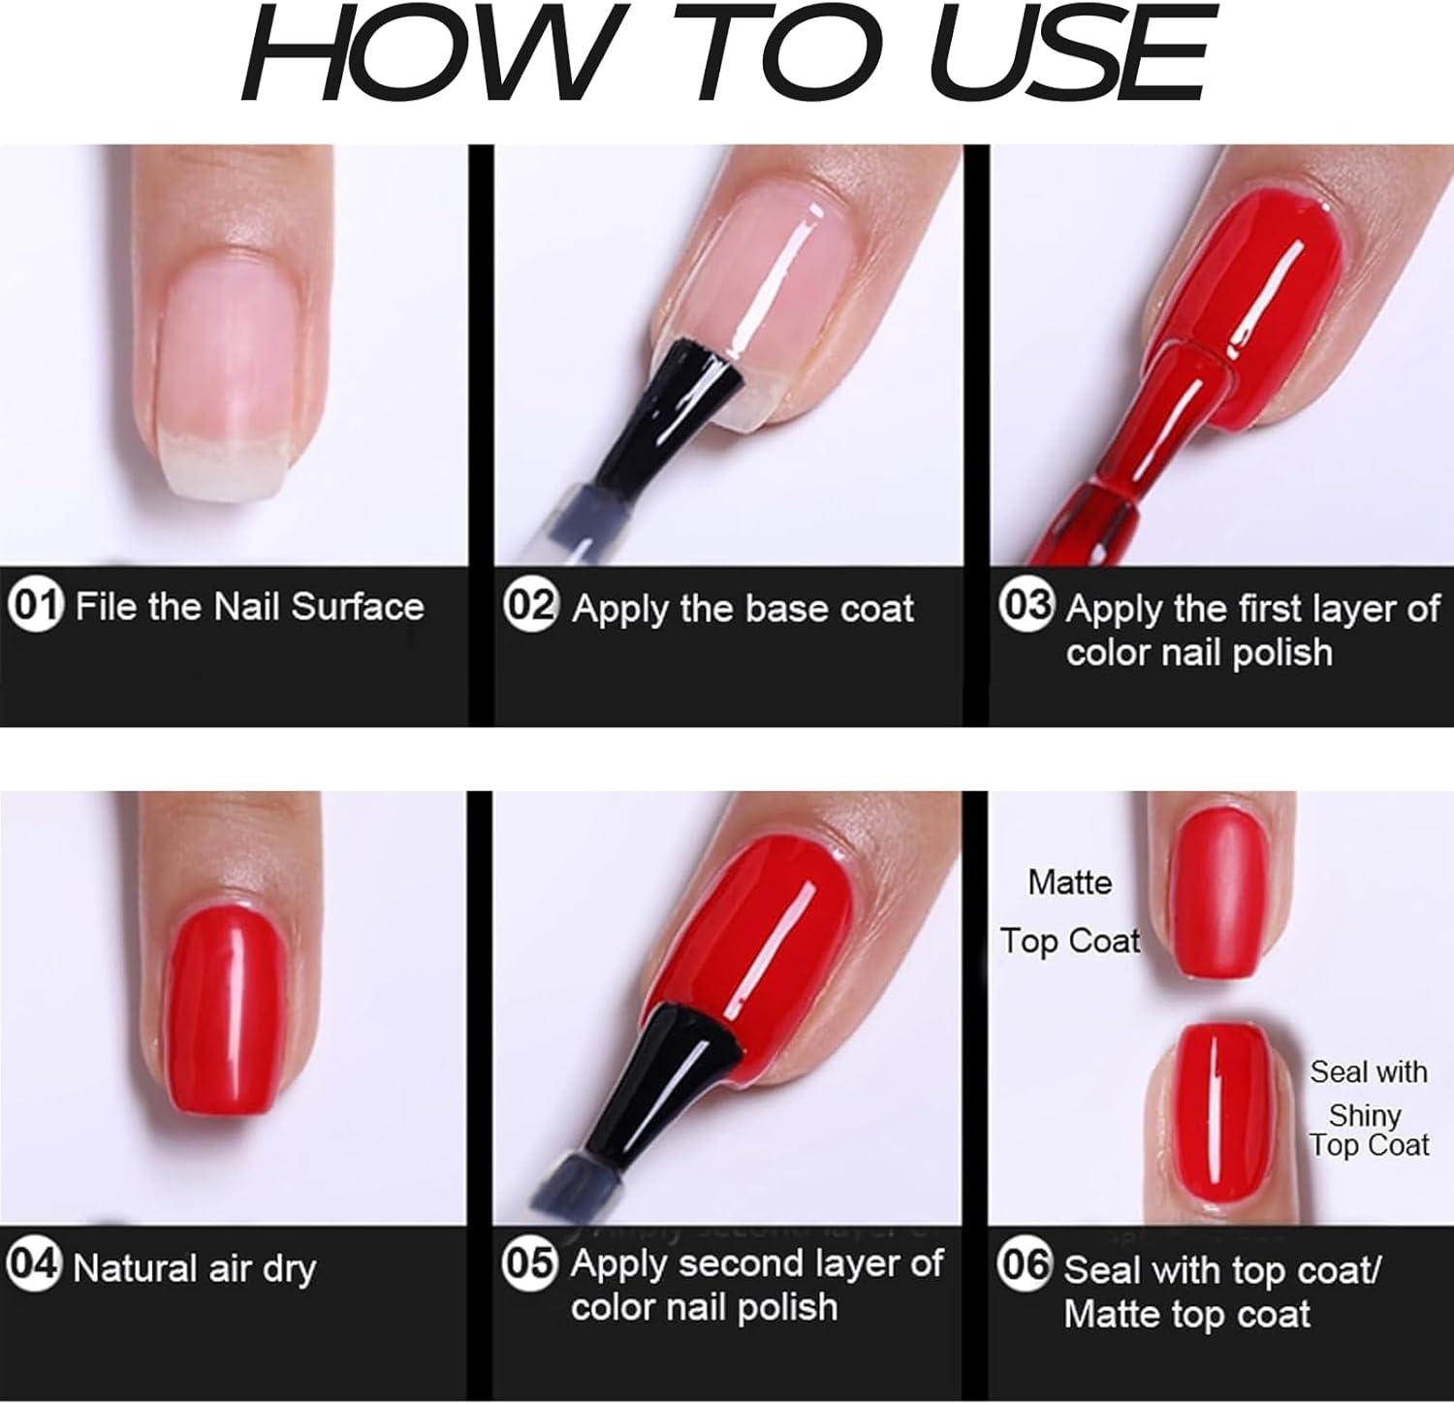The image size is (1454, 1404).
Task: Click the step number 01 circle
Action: [x=35, y=606]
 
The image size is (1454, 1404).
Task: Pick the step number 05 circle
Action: [x=530, y=1262]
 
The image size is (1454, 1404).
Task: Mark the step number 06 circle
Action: [x=1026, y=1266]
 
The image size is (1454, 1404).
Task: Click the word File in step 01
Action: [x=108, y=607]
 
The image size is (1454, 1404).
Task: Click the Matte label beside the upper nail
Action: [x=1069, y=882]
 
